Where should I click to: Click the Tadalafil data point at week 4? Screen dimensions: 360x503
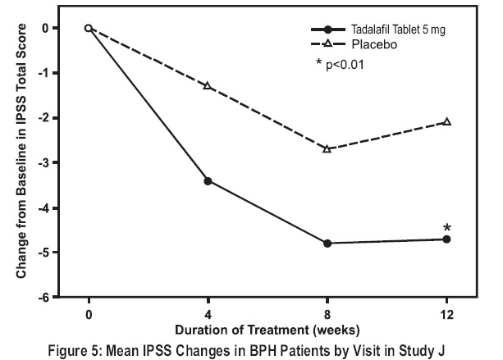click(x=208, y=180)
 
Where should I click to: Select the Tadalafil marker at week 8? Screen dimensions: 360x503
click(x=327, y=243)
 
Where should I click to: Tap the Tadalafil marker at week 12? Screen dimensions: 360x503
click(x=446, y=239)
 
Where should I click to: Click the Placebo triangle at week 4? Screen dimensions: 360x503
click(x=208, y=86)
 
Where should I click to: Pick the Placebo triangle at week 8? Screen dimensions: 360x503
click(x=327, y=148)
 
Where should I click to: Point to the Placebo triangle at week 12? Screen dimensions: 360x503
click(x=446, y=121)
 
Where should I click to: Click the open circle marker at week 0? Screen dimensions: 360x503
click(x=89, y=28)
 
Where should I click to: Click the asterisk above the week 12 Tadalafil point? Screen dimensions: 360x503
click(x=446, y=228)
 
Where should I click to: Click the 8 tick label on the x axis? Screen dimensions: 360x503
click(x=327, y=312)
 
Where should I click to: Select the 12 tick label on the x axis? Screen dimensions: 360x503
click(x=446, y=312)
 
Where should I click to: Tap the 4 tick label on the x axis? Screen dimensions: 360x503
click(x=208, y=312)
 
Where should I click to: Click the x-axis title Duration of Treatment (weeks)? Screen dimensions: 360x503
click(x=268, y=330)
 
